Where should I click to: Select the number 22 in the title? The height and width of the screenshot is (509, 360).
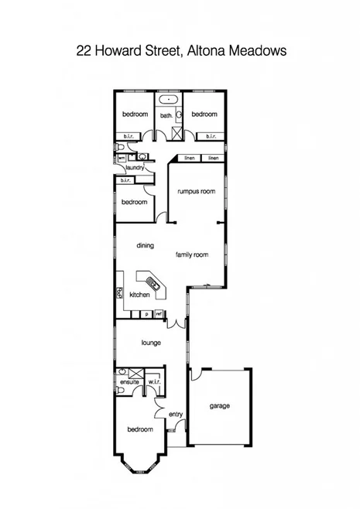pos(83,51)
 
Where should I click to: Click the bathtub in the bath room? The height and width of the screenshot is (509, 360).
pos(167,101)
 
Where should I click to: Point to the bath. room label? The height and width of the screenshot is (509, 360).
pos(166,116)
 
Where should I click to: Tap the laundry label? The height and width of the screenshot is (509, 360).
pos(136,167)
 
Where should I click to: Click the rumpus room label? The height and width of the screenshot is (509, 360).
pos(195,191)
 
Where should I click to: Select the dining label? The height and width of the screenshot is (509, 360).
pos(145,245)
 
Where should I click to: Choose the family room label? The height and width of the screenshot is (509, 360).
pos(192,254)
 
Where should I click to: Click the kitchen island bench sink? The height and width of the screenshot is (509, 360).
pos(154,285)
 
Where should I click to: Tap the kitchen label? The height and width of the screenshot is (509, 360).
pos(139,295)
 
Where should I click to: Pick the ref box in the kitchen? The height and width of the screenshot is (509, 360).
pos(159,314)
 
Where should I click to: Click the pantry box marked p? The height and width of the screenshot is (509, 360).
pos(146,314)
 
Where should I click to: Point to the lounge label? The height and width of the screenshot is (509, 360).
pos(150,341)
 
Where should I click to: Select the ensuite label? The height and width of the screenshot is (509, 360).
pos(129,381)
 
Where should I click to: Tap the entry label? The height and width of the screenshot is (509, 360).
pos(176,414)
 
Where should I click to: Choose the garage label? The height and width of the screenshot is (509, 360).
pos(220,405)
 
